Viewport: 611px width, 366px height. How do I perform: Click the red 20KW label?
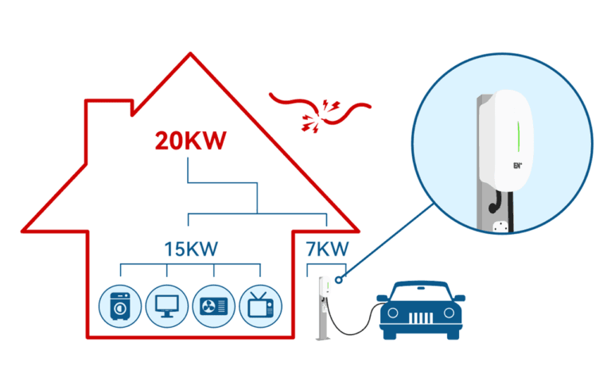[191, 142]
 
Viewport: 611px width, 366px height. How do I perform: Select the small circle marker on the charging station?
[340, 279]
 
